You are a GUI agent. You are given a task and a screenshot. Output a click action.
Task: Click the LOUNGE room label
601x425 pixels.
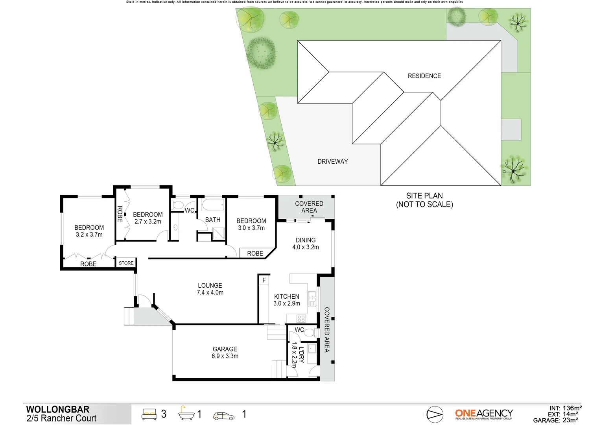(x=210, y=286)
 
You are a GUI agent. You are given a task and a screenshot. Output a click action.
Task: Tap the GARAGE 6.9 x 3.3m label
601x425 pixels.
(x=225, y=353)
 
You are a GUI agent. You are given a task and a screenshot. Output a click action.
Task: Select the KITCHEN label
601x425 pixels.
(x=286, y=297)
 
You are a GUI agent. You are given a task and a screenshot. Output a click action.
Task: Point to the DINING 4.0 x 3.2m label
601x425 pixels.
(x=305, y=244)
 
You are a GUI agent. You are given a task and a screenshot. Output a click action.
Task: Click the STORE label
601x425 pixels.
(x=126, y=263)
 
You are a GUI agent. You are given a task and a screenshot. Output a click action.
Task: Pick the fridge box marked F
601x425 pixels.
(x=264, y=280)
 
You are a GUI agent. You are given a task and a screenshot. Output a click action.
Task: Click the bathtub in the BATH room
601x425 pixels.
(x=213, y=205)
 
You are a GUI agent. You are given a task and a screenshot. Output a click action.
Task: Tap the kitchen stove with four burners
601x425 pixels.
(x=301, y=318)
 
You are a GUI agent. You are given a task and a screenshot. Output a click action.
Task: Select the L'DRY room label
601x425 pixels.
(x=301, y=355)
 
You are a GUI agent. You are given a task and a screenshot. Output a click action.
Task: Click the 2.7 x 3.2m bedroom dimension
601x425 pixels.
(x=147, y=222)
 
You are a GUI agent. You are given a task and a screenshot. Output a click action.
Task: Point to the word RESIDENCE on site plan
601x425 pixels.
(x=424, y=76)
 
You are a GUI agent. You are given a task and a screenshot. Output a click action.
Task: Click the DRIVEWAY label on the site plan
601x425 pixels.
(x=332, y=161)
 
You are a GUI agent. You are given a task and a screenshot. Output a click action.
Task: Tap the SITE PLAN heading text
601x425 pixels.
(x=424, y=196)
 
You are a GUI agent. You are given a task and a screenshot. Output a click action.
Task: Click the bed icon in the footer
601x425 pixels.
(x=149, y=414)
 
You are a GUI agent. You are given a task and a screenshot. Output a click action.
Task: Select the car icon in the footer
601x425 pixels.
(x=223, y=416)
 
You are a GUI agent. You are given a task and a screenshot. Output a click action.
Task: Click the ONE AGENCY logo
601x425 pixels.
(x=484, y=414)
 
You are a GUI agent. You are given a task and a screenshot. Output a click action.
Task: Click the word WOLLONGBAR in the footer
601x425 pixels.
(x=58, y=409)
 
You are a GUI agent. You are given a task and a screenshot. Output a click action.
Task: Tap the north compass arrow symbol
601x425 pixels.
(x=435, y=414)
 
